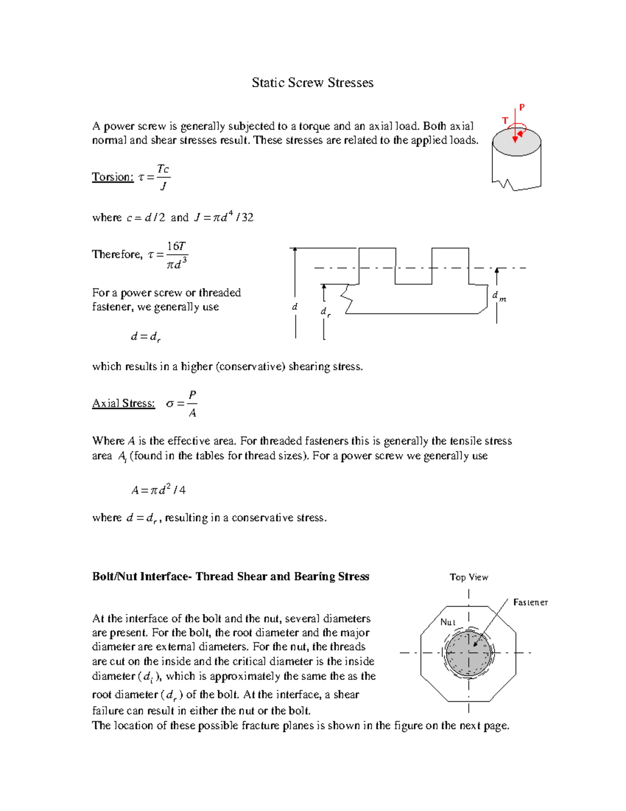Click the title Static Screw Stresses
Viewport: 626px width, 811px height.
312,83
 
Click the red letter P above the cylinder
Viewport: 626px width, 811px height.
522,108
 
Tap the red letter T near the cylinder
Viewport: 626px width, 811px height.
505,121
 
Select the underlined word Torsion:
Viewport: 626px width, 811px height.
113,177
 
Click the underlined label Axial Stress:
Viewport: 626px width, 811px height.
124,403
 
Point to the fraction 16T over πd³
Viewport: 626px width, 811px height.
176,255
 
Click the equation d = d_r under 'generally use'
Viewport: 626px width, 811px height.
146,337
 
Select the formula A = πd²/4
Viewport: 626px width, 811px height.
159,490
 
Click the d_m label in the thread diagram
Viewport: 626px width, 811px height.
499,297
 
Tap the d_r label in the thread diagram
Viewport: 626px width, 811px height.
325,312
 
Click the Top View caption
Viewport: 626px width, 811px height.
469,577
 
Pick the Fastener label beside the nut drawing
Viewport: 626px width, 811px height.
530,602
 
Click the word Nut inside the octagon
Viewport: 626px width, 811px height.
448,622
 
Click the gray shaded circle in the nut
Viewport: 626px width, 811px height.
468,653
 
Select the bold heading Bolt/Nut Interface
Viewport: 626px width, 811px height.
231,577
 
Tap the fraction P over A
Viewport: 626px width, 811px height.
192,404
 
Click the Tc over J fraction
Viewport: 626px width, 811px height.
163,177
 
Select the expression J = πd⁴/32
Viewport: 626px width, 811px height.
224,217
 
